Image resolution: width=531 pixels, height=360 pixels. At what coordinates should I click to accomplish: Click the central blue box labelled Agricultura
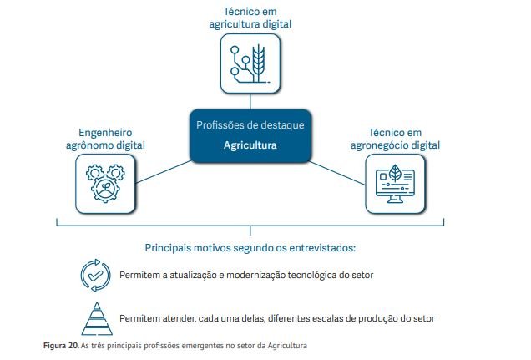pos(250,136)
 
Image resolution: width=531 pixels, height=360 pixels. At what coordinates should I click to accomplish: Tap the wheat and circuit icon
pos(250,63)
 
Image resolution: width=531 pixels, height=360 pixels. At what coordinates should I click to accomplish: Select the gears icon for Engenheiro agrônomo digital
pos(105,183)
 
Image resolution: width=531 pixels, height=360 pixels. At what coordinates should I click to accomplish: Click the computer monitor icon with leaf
pos(395,184)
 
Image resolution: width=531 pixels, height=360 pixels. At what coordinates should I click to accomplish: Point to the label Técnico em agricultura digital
pos(250,18)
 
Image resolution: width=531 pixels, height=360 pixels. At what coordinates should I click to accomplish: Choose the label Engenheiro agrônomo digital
pos(105,139)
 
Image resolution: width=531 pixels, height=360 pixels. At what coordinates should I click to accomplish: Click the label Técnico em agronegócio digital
pos(395,139)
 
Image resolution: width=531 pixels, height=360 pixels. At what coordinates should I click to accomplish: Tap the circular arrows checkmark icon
pos(95,276)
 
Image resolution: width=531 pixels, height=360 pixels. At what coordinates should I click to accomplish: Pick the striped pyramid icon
pos(97,319)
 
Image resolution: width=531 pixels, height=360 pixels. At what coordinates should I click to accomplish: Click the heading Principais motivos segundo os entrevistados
pos(250,248)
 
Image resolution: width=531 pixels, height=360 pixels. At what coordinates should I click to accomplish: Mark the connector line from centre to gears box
pos(164,172)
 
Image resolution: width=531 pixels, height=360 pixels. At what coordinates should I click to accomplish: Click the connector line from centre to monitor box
pos(337,173)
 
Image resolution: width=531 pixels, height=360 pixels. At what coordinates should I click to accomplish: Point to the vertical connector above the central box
pos(250,101)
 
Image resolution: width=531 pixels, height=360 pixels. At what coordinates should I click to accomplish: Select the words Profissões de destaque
pos(250,125)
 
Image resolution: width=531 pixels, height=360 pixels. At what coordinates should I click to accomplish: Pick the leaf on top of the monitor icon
pos(395,173)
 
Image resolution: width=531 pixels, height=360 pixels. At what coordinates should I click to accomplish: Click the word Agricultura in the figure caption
pos(287,346)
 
